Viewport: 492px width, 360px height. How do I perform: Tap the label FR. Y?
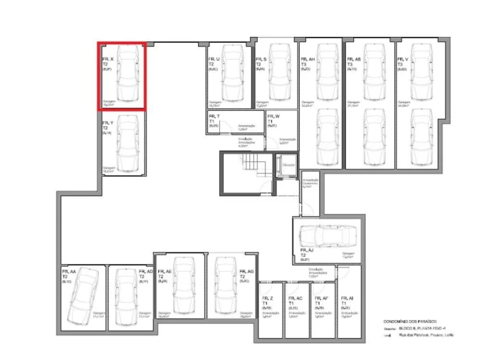click(x=108, y=122)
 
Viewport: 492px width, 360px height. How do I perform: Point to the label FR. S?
click(x=260, y=59)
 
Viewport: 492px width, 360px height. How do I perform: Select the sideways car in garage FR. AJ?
click(x=328, y=235)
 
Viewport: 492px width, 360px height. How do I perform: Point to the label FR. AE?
click(x=164, y=272)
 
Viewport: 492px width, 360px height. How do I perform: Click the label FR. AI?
click(x=347, y=298)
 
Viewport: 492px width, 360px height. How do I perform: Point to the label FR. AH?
click(x=308, y=59)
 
